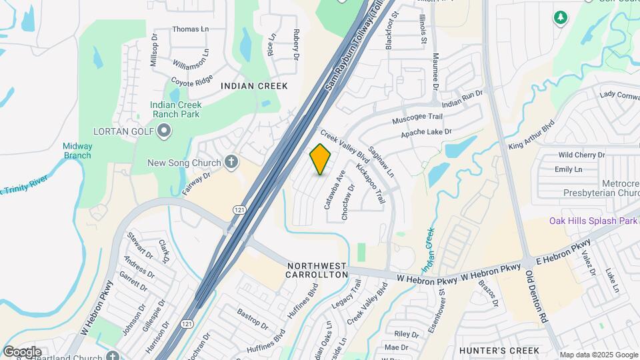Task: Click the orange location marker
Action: tap(321, 159)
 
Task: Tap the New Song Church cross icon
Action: tap(231, 161)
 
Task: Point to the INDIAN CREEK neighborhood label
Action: tap(254, 86)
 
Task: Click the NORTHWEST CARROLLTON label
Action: tap(317, 270)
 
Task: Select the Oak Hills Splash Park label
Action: tap(593, 221)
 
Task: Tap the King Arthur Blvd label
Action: tap(531, 136)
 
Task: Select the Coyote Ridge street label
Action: tap(191, 81)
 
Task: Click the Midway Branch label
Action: tap(77, 151)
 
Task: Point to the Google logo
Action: tap(22, 351)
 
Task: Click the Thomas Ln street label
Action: tap(190, 29)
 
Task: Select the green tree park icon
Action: tap(560, 17)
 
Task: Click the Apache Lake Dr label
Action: tap(426, 133)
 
